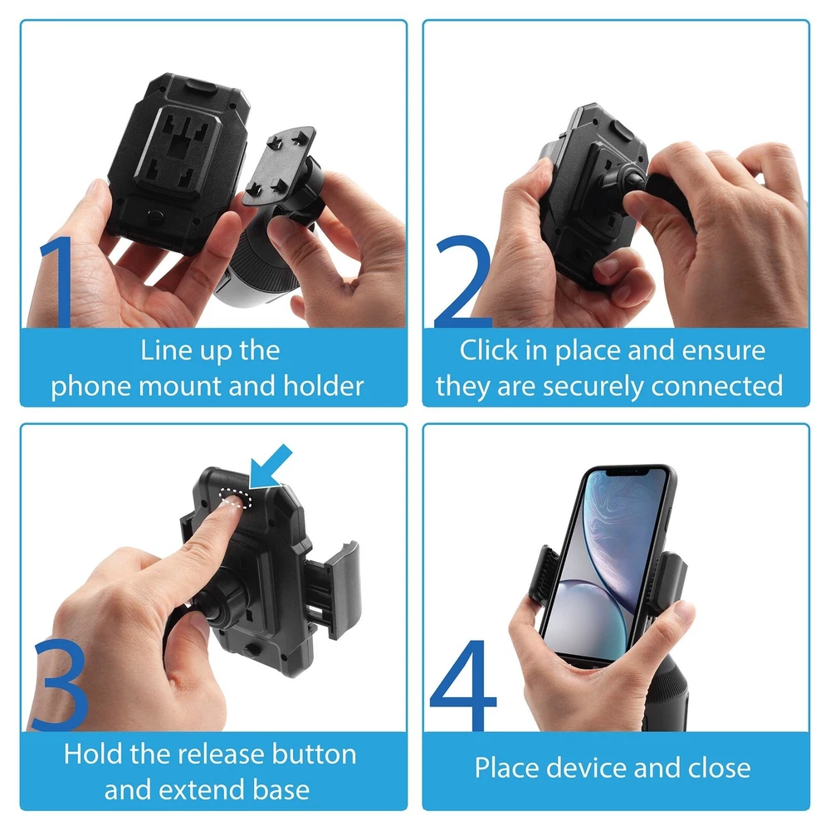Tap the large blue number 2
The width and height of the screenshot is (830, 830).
462,282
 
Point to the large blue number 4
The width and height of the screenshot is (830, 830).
464,686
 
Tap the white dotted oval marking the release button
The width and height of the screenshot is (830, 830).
236,498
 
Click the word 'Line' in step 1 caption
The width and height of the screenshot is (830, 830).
160,351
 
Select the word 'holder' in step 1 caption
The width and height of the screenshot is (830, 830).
324,386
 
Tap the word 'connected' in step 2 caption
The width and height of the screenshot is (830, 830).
717,386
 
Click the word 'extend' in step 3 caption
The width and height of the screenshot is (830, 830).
203,790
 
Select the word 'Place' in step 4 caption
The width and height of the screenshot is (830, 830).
507,768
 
